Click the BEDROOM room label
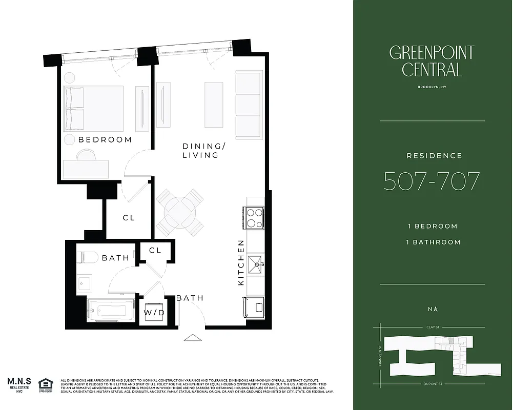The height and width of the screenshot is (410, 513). (105, 139)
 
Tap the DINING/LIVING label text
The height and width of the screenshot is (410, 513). (200, 151)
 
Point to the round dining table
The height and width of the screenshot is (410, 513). (180, 211)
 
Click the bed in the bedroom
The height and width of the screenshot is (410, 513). (93, 108)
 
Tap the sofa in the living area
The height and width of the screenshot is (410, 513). (248, 104)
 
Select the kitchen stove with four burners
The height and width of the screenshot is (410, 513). (255, 216)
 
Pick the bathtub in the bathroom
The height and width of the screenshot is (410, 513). (109, 311)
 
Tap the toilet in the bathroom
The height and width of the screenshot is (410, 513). (88, 257)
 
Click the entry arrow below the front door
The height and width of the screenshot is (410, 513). (193, 337)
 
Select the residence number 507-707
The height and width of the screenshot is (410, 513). (432, 181)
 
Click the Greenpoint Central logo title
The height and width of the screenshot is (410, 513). (432, 61)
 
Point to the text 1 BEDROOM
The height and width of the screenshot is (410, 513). (432, 226)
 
